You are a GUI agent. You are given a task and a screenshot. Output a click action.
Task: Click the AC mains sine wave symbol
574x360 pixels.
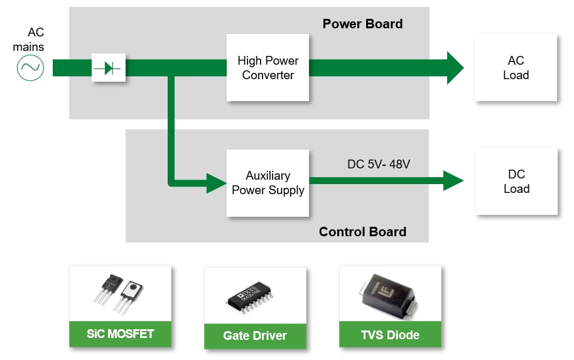pyautogui.click(x=30, y=67)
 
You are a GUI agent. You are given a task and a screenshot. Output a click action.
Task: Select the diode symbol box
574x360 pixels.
pyautogui.click(x=109, y=67)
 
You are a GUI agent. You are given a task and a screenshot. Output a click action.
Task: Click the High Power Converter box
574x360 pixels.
pyautogui.click(x=268, y=68)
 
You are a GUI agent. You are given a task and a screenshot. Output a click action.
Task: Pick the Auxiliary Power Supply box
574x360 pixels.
pyautogui.click(x=268, y=183)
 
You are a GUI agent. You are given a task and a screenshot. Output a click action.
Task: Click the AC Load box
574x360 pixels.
pyautogui.click(x=516, y=68)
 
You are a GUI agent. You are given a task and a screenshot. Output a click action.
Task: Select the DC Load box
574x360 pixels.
pyautogui.click(x=516, y=182)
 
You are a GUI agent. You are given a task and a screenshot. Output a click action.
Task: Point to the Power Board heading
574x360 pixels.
pyautogui.click(x=362, y=24)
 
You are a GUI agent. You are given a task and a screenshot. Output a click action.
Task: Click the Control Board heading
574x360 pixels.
pyautogui.click(x=362, y=232)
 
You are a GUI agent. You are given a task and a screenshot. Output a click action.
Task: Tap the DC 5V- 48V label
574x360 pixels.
pyautogui.click(x=378, y=165)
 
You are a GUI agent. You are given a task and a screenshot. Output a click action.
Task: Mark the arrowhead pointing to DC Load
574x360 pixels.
pyautogui.click(x=453, y=181)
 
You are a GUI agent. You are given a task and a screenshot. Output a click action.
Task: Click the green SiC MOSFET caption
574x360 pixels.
pyautogui.click(x=120, y=334)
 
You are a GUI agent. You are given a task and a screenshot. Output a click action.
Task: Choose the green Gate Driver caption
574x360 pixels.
pyautogui.click(x=255, y=336)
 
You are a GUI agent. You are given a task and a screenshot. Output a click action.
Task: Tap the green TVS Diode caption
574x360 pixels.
pyautogui.click(x=390, y=335)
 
